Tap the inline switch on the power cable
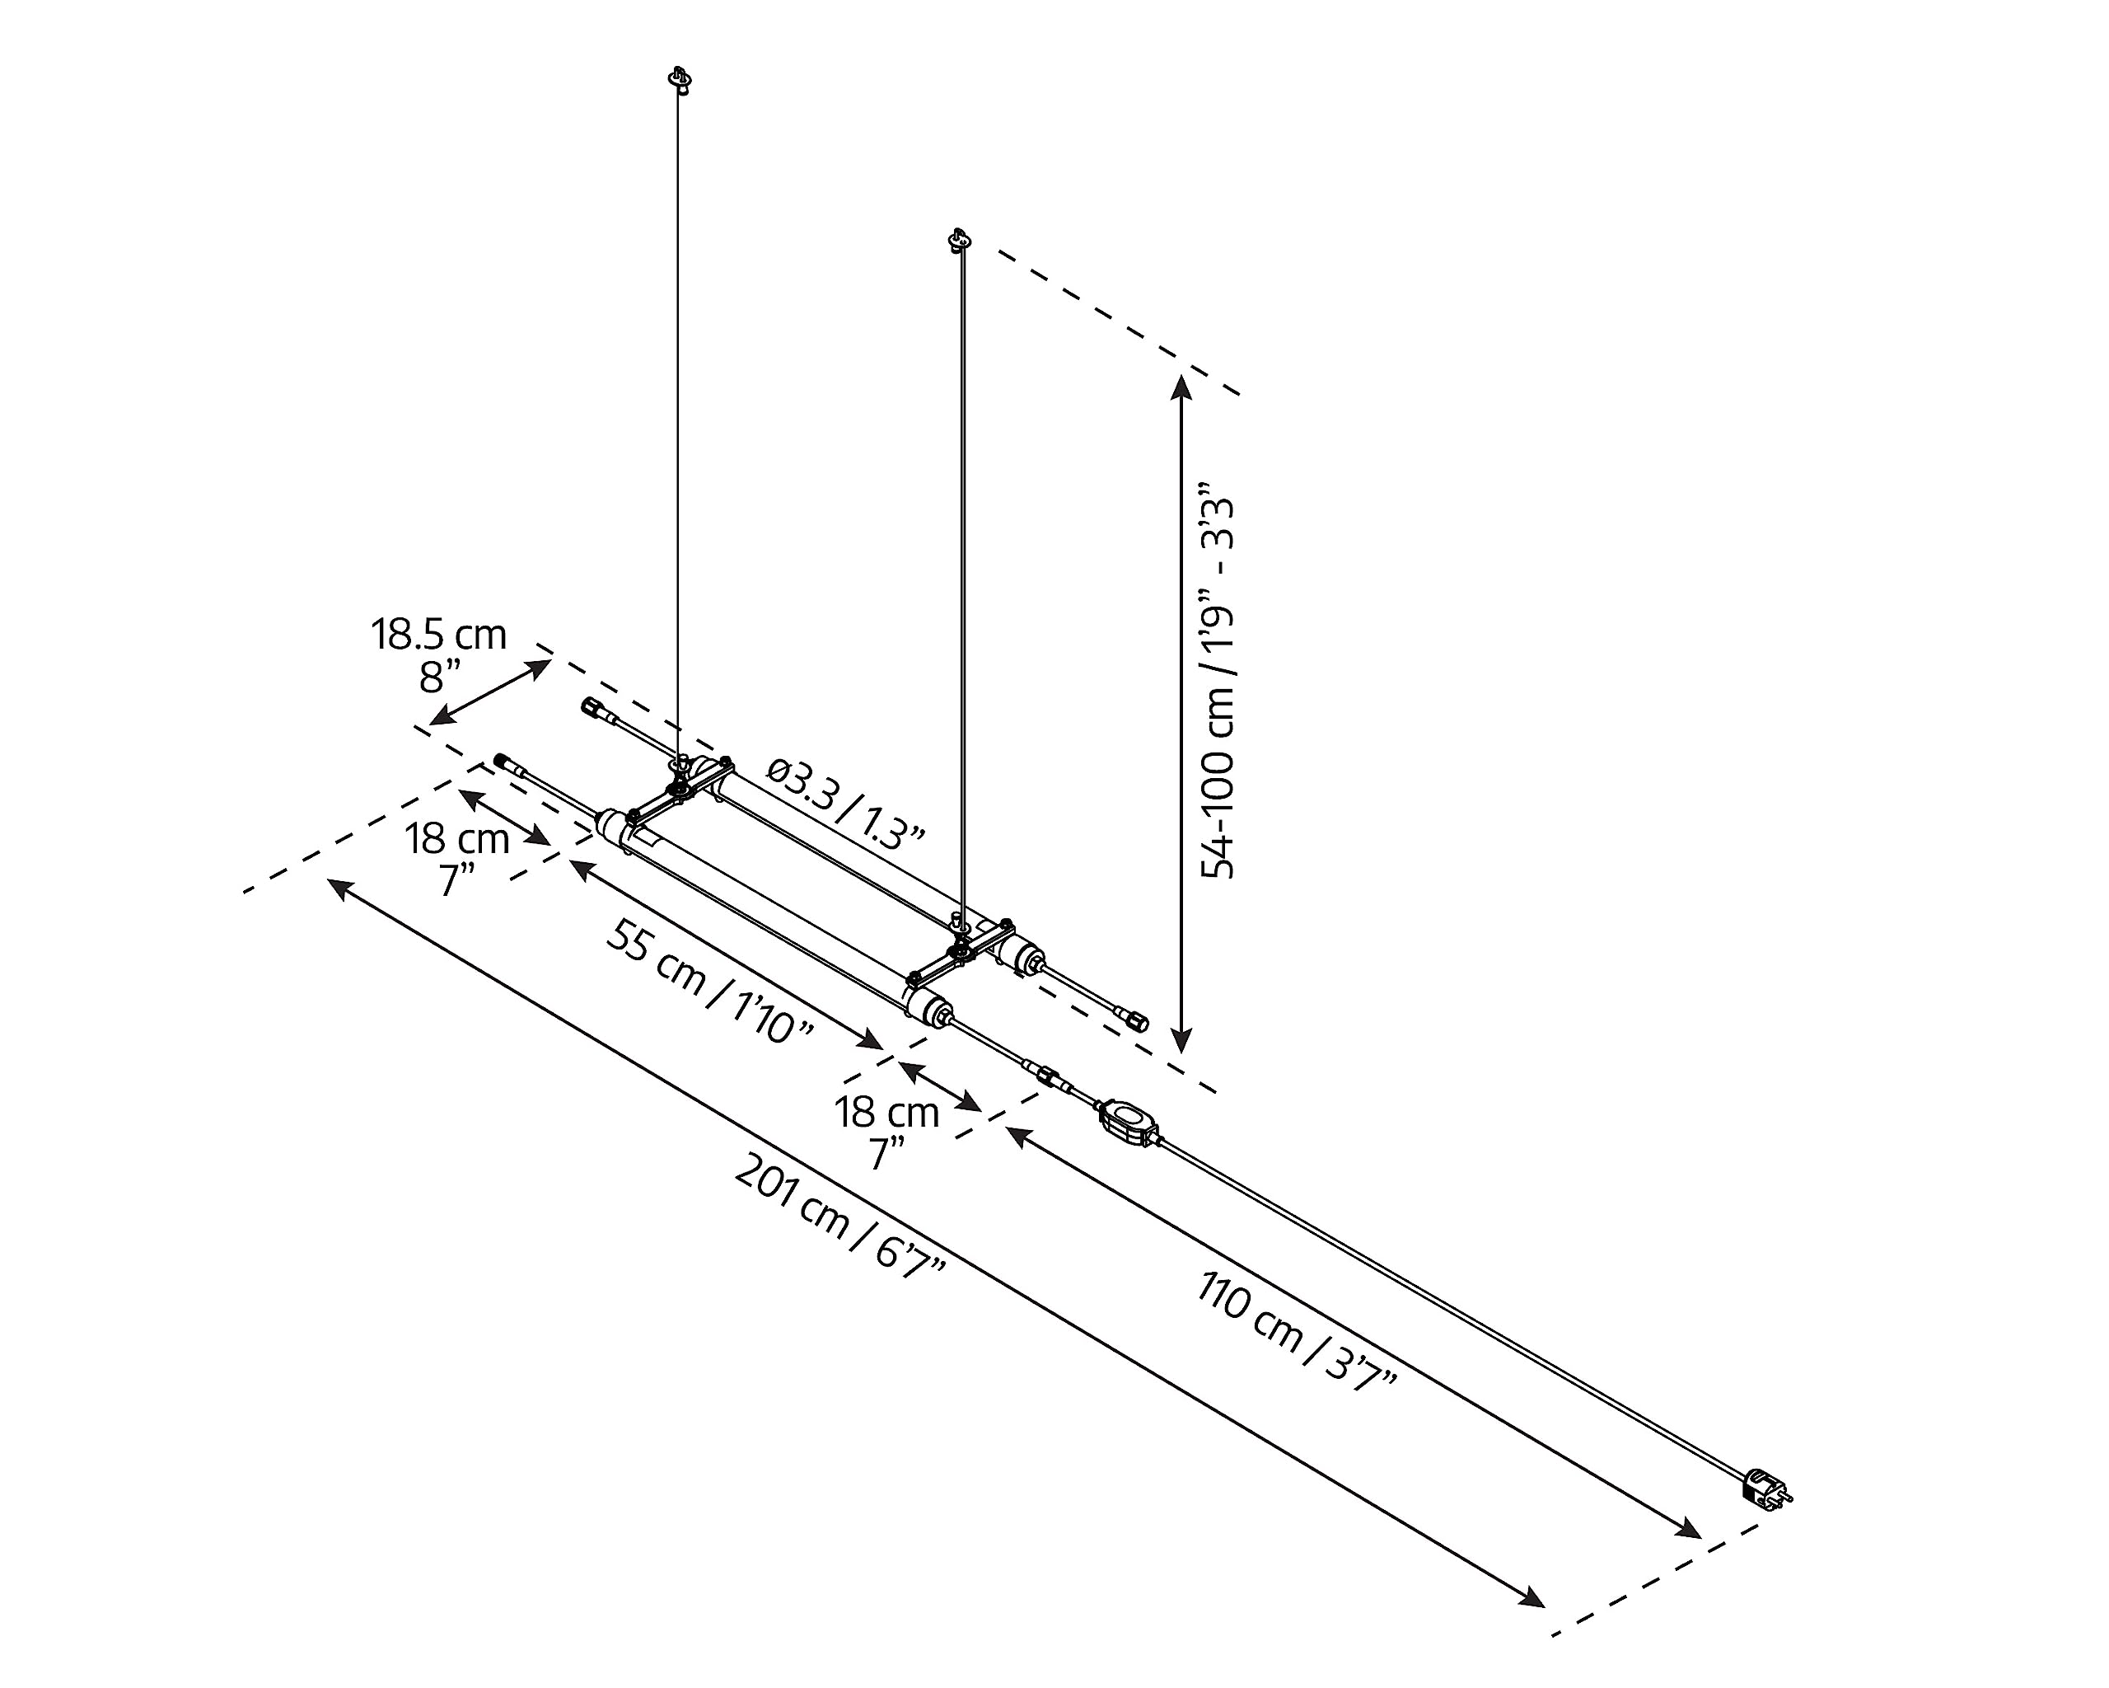click(1129, 1123)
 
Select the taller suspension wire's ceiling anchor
click(679, 79)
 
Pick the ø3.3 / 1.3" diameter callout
click(845, 800)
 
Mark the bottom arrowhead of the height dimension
click(1181, 1041)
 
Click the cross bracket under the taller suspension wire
click(675, 789)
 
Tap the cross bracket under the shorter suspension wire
click(961, 949)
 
